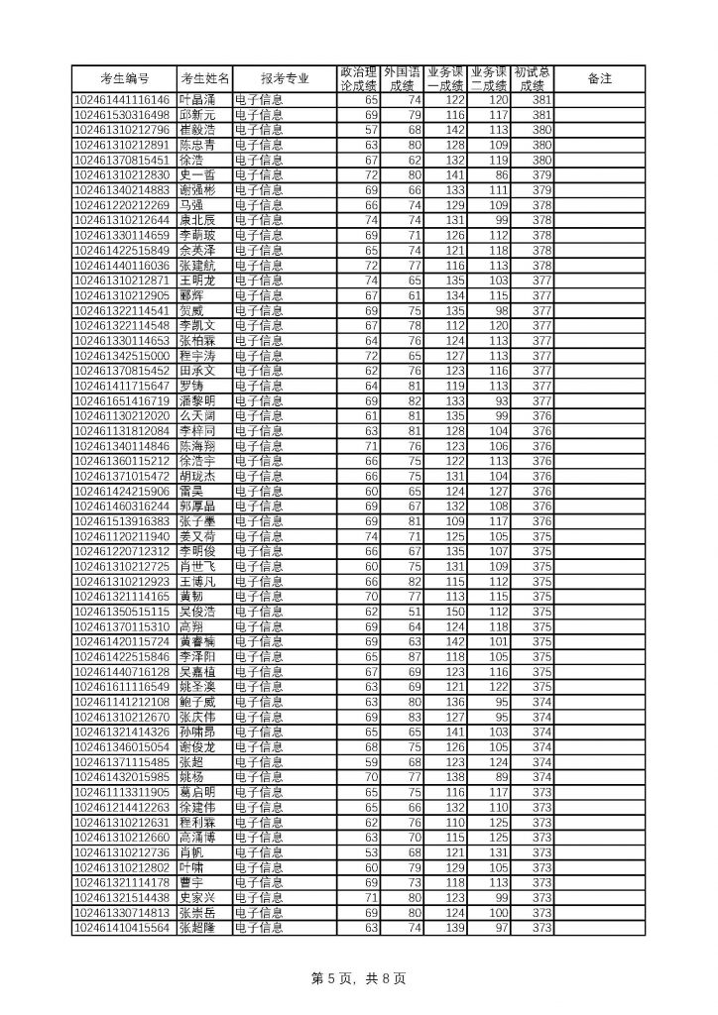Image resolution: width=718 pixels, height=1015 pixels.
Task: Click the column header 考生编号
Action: pos(125,78)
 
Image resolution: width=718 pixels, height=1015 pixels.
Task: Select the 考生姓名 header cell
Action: pos(204,78)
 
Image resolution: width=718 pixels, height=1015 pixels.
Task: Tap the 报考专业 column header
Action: pos(285,78)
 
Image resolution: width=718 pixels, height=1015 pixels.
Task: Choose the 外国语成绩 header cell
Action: pos(403,78)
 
